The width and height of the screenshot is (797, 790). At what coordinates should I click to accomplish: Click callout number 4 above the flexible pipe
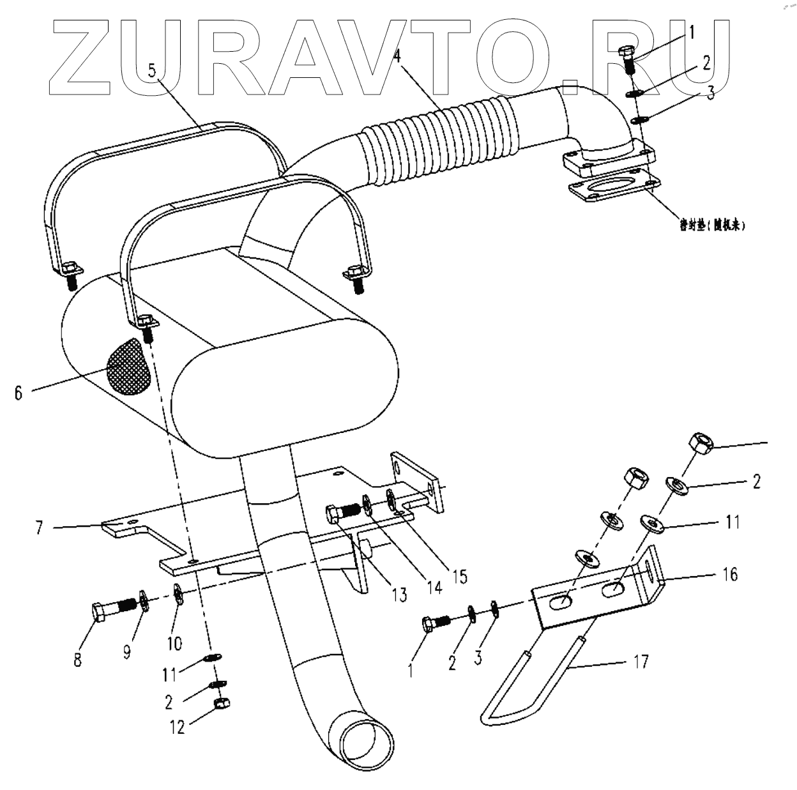point(397,56)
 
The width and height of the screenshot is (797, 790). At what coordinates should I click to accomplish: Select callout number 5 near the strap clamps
point(152,70)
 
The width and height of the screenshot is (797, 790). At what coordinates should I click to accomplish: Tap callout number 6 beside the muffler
point(19,393)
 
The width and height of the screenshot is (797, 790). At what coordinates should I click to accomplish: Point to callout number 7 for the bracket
point(40,528)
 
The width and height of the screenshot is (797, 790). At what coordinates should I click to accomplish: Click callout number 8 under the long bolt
point(77,659)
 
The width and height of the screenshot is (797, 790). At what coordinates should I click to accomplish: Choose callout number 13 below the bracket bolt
point(399,595)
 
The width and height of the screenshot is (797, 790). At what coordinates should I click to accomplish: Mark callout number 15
point(459,575)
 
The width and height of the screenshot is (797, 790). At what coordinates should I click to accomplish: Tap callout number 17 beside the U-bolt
point(641,661)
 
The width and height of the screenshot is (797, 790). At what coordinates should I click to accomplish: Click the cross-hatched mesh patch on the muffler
point(130,367)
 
